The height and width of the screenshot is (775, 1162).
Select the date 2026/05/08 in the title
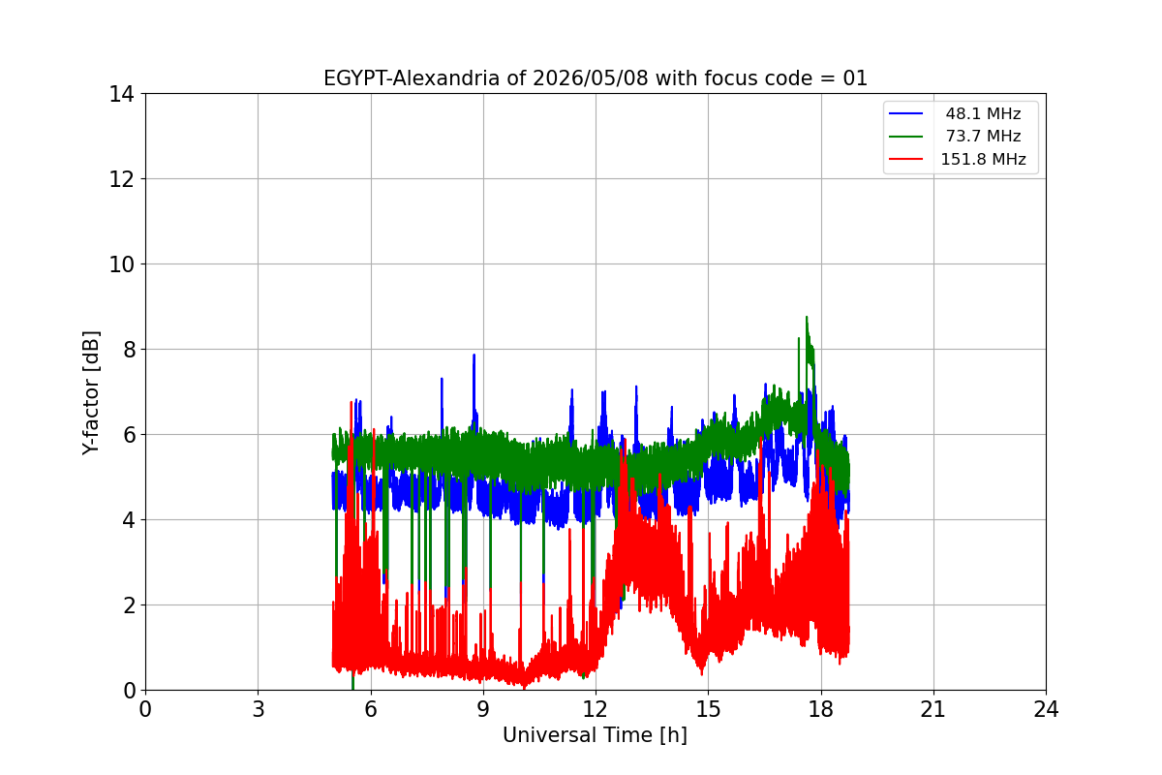coord(591,78)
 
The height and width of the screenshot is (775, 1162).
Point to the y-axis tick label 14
coord(121,95)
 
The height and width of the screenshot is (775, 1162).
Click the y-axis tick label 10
coord(121,264)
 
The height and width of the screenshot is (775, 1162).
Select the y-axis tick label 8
coord(129,350)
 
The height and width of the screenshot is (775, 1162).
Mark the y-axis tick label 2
coord(129,605)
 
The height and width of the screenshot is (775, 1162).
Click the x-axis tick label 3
coord(259,709)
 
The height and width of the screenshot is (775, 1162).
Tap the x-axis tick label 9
coord(483,709)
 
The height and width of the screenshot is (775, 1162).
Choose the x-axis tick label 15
coord(709,709)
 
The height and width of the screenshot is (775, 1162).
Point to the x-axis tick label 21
coord(933,709)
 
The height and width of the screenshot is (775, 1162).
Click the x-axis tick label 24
coord(1046,709)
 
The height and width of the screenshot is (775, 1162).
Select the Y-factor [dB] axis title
coord(91,393)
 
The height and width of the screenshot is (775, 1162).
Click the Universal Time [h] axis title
coord(595,735)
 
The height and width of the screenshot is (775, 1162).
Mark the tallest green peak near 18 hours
coord(807,317)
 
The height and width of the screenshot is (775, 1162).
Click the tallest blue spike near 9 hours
coord(474,356)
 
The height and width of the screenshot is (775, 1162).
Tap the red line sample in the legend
coord(905,159)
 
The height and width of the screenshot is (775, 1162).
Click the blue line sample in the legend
coord(905,113)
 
